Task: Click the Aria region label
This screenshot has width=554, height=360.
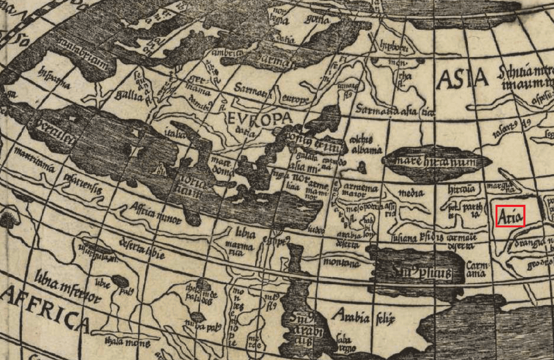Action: coord(510,216)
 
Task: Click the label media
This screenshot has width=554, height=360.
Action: coord(411,193)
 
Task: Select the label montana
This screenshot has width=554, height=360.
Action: coord(344,263)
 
